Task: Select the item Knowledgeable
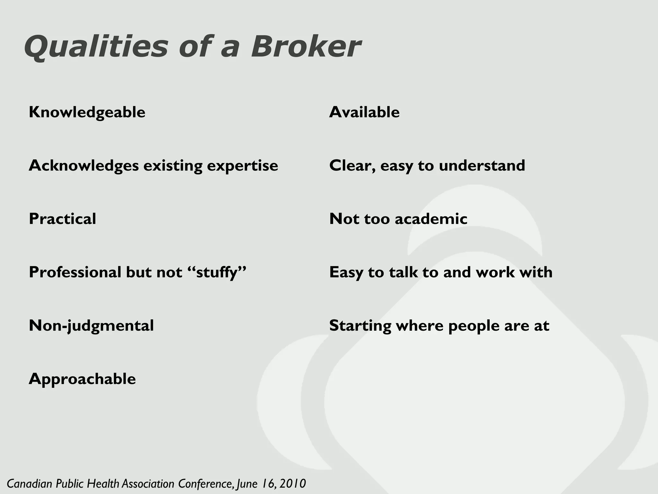pos(87,113)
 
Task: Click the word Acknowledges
pos(84,166)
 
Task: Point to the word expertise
pos(242,166)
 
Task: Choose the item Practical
pos(62,219)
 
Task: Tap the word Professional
pos(75,272)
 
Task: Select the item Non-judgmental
pos(91,326)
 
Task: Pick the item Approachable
pos(82,379)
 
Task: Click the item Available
pos(364,113)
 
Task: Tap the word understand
pos(482,166)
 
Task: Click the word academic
pos(431,219)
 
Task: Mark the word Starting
pos(360,326)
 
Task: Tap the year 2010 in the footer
pos(292,484)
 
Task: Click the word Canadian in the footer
pos(30,484)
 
